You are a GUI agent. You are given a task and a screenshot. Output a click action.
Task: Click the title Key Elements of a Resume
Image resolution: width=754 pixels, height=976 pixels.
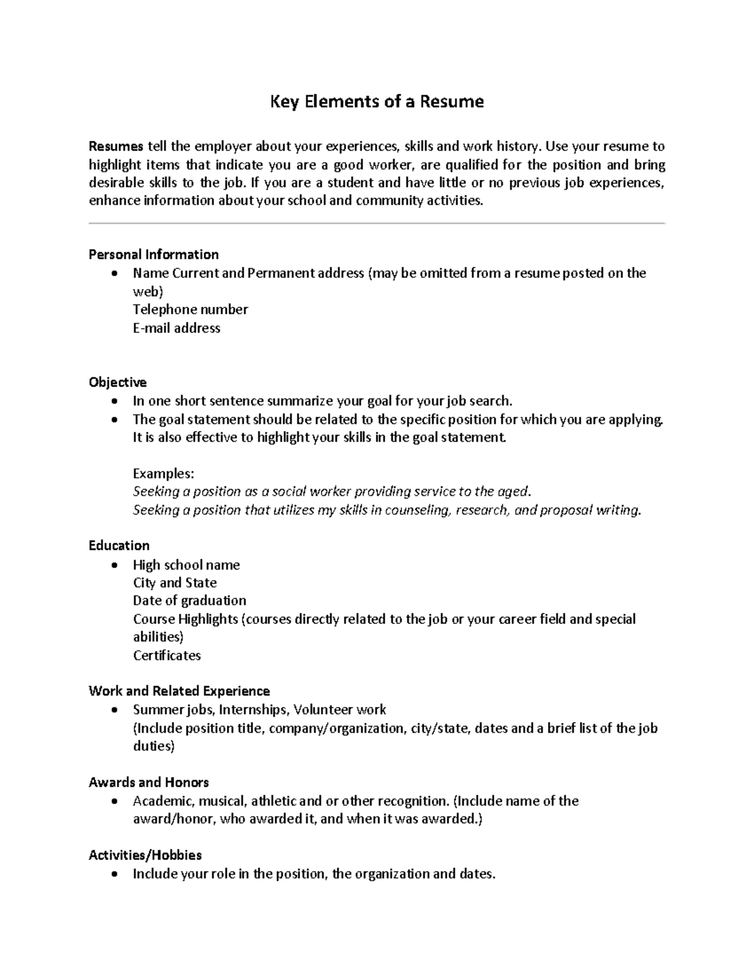376,102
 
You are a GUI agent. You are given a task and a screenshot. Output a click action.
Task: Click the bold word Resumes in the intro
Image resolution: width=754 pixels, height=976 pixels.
116,147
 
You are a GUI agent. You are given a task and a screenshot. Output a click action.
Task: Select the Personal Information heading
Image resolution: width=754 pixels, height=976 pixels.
153,255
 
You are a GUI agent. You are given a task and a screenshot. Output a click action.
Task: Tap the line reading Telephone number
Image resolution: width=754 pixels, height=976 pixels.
190,309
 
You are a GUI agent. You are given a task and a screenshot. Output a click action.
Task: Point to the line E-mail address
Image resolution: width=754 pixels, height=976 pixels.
177,328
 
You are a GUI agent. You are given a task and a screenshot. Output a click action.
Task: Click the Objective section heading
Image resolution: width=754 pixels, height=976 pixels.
117,382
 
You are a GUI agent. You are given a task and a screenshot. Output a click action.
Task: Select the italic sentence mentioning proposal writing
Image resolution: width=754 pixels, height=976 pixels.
386,510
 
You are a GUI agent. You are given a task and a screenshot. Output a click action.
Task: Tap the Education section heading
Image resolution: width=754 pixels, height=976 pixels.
119,546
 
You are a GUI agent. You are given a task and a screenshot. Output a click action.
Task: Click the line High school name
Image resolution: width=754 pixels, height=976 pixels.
186,565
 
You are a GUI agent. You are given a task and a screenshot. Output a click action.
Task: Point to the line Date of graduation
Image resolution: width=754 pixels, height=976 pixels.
189,601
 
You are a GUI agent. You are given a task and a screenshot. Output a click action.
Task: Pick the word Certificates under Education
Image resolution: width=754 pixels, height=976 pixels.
167,655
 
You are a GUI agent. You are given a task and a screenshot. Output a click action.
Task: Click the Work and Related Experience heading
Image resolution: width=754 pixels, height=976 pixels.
179,691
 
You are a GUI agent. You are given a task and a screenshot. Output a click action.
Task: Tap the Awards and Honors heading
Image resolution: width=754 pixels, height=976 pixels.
148,782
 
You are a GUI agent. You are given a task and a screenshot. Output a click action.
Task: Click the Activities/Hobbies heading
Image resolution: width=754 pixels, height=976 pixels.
145,855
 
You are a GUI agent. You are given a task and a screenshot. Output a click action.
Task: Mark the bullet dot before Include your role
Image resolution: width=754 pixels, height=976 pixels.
113,874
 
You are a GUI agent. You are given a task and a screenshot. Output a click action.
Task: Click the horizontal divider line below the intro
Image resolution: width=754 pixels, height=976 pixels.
376,223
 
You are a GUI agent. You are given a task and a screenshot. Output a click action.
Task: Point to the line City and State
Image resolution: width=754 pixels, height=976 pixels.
175,583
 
